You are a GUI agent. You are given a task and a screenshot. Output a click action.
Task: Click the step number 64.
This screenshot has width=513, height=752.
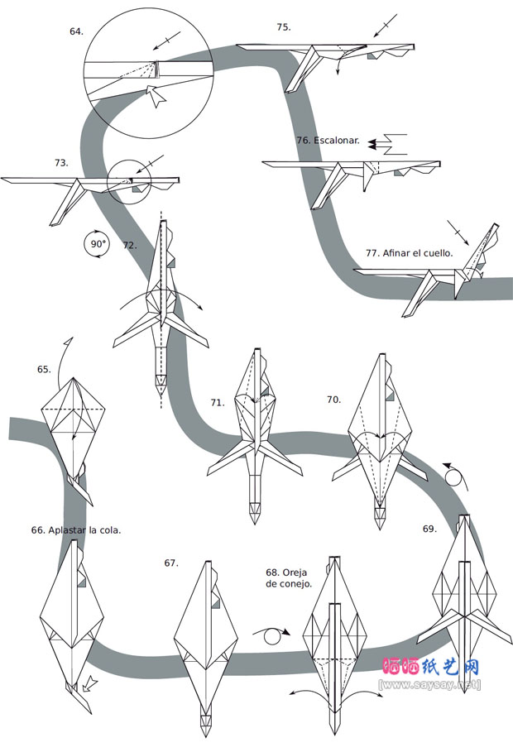click(76, 31)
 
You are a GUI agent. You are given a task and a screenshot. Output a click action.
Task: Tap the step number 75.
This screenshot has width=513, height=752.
click(284, 27)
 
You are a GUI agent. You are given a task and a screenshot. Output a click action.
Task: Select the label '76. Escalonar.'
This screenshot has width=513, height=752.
click(328, 141)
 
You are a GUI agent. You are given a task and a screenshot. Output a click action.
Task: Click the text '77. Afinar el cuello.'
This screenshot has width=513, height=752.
click(409, 253)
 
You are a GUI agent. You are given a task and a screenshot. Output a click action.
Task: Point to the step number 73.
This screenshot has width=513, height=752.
click(61, 163)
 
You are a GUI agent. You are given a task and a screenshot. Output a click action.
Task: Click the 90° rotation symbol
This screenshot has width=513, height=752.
click(98, 244)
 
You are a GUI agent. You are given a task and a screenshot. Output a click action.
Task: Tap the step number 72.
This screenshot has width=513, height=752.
click(129, 246)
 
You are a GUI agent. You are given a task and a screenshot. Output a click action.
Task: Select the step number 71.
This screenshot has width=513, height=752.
click(217, 403)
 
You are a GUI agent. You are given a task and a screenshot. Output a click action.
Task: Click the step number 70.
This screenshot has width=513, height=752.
click(333, 400)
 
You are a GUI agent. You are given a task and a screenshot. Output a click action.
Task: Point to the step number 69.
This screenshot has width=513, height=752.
click(429, 528)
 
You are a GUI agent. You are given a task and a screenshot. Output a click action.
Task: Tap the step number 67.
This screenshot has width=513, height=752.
click(171, 563)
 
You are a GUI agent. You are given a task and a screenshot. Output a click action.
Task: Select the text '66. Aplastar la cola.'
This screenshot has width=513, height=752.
click(76, 529)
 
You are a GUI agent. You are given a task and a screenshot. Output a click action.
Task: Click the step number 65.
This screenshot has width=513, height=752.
click(44, 370)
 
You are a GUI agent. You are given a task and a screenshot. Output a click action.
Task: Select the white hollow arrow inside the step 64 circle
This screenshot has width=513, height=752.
click(156, 95)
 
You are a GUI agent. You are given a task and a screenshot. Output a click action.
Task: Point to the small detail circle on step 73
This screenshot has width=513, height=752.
click(131, 179)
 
